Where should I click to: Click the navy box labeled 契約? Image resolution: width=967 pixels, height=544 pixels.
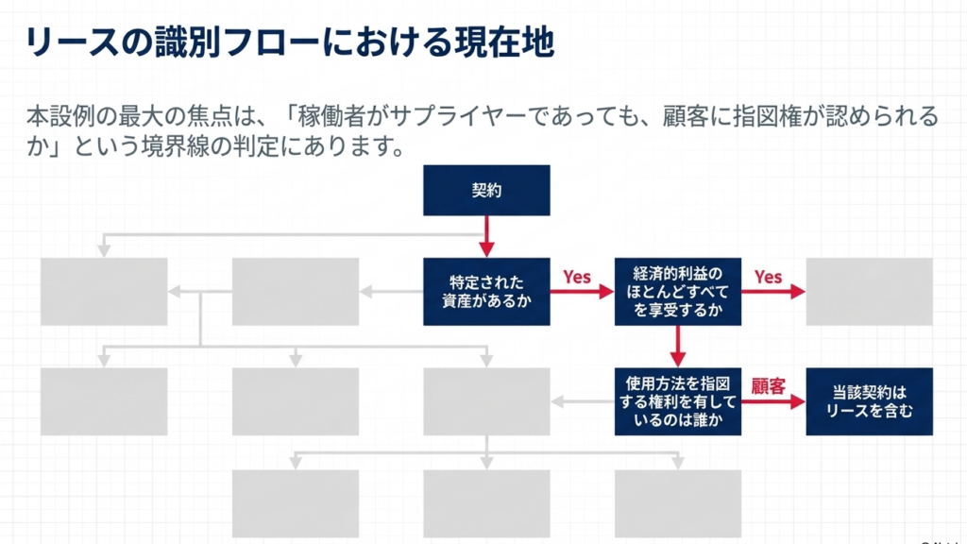tap(486, 190)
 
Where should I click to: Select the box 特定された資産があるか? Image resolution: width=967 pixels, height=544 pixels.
tap(486, 291)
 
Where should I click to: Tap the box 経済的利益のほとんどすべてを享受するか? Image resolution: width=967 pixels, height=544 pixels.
tap(677, 291)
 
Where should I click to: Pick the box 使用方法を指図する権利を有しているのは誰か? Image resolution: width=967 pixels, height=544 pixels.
tap(677, 401)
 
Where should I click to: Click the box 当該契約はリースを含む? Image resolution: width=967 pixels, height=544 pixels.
tap(869, 401)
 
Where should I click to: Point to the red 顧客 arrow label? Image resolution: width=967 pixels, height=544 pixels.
tap(768, 386)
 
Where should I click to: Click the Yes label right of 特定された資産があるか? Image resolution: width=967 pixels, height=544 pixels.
tap(577, 277)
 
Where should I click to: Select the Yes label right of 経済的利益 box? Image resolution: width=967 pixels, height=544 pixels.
tap(768, 277)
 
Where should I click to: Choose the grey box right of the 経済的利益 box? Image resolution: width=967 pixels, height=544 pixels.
tap(869, 291)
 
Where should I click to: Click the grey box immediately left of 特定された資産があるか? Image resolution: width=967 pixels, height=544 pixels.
tap(296, 291)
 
